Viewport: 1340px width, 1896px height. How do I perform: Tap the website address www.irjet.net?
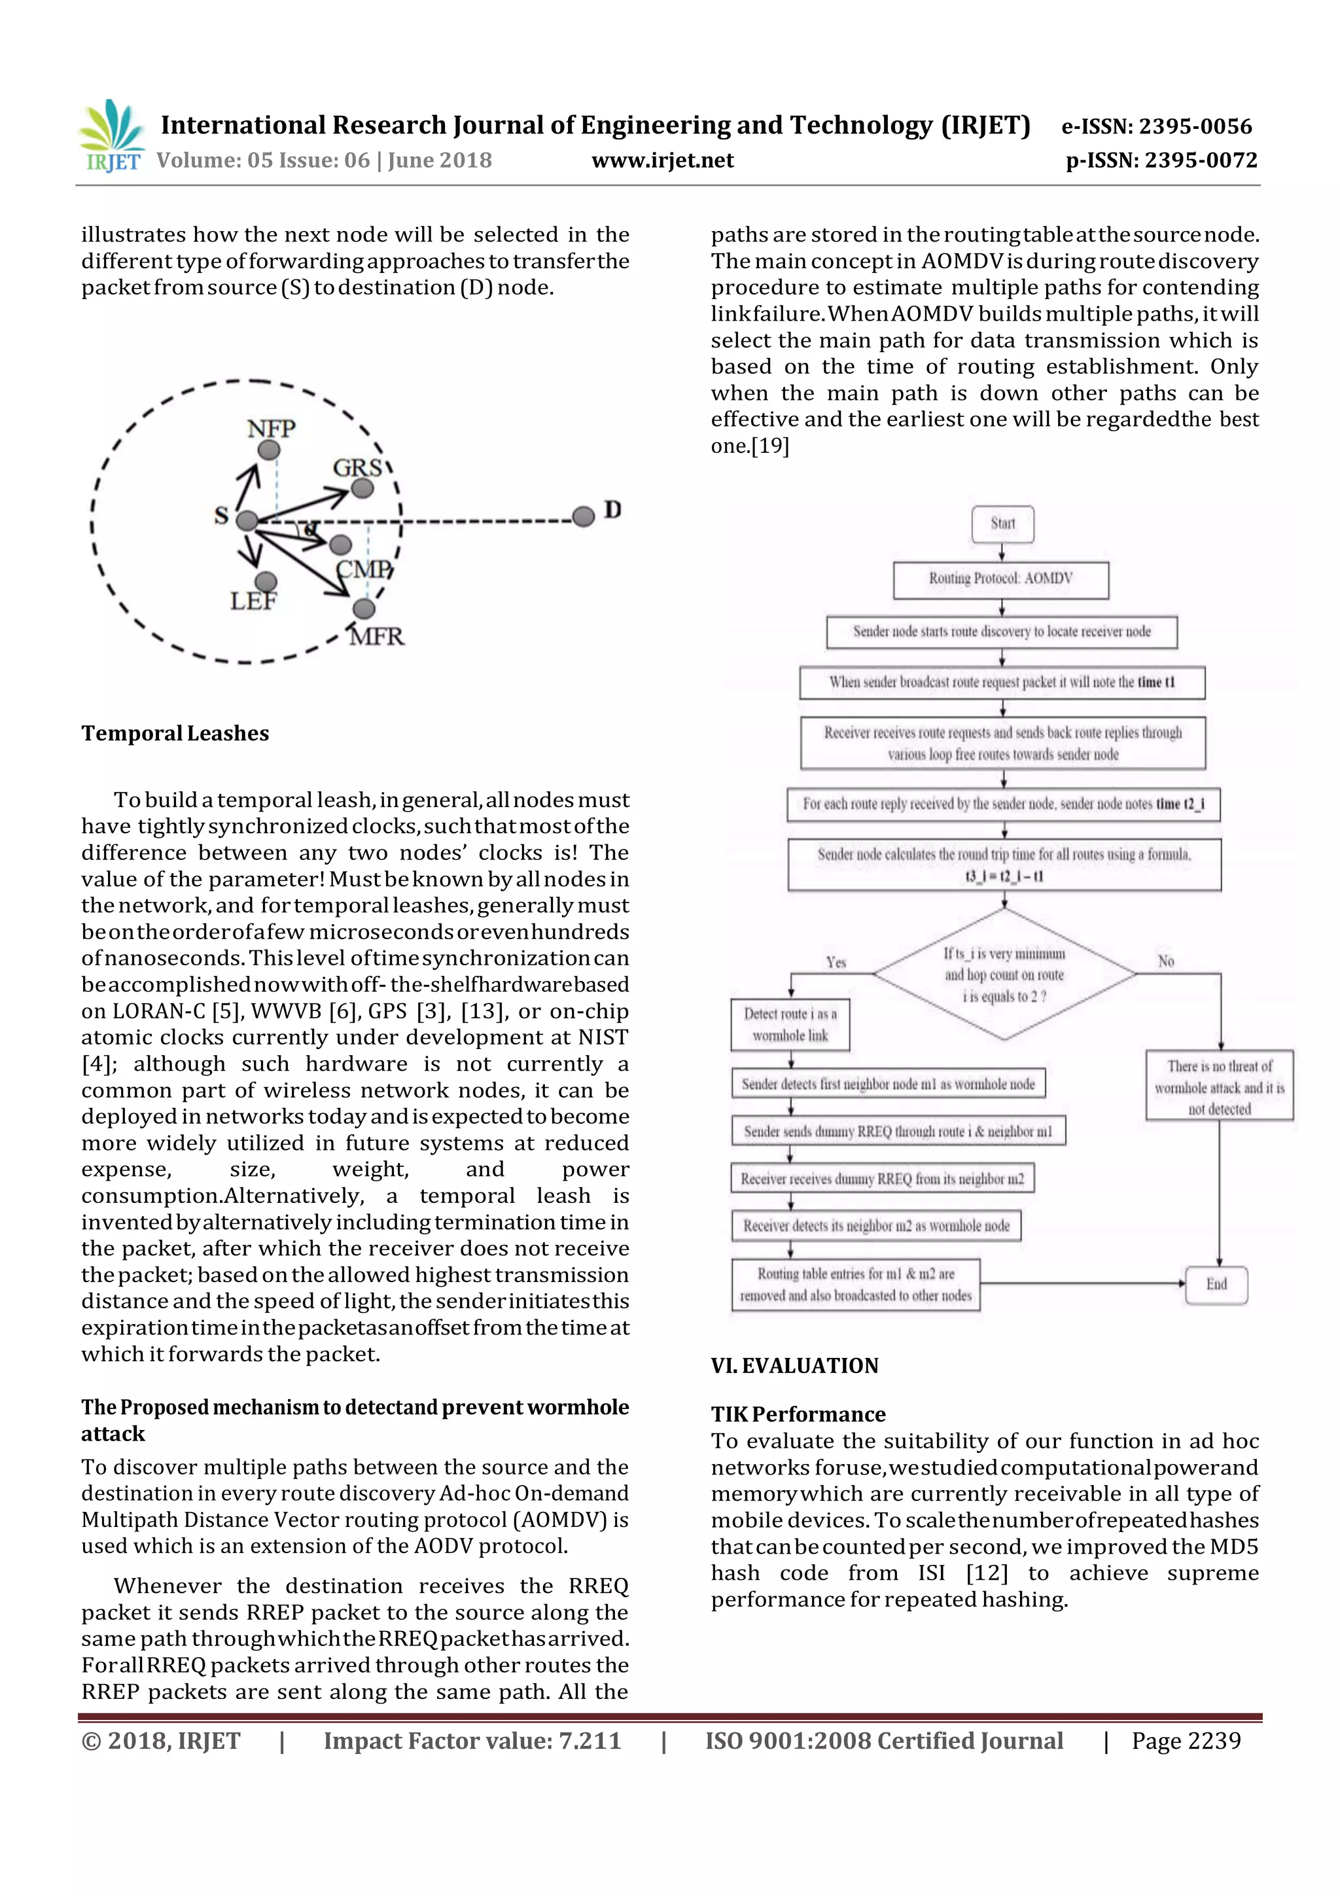662,160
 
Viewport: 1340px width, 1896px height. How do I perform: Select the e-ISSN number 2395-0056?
1157,126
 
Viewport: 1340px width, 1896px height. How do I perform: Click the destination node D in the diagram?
584,516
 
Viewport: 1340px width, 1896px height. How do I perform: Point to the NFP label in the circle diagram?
271,429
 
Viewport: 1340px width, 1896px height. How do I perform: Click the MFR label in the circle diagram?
376,636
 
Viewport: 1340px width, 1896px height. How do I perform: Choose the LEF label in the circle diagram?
253,601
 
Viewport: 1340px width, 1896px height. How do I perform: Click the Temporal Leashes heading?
175,733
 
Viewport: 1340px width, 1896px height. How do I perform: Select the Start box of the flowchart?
1002,524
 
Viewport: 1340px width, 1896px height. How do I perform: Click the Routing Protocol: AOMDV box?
1000,579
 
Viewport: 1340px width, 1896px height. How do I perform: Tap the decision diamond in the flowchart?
1004,975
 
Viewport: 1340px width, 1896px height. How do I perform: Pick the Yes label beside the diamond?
836,962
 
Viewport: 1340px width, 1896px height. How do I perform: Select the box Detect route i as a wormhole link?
790,1025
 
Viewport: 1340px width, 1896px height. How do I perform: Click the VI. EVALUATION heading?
794,1366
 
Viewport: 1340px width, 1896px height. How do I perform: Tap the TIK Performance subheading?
798,1414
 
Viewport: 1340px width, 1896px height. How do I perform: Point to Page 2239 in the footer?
1186,1741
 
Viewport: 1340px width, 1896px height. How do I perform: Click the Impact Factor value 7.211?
472,1741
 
